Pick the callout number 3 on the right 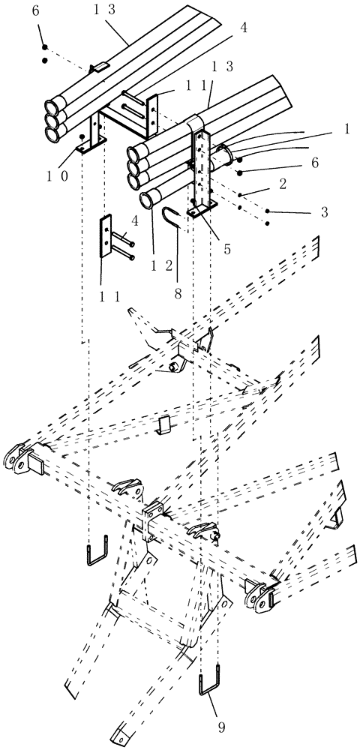point(324,212)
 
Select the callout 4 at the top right point(242,29)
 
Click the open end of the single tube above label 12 point(148,200)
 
